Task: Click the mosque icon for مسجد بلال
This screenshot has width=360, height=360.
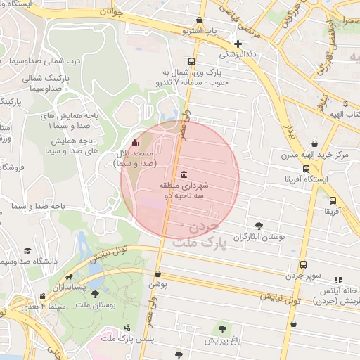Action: pos(134,143)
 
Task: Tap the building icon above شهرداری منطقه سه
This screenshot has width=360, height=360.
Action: pos(184,174)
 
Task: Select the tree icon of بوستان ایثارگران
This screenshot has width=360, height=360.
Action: pos(259,226)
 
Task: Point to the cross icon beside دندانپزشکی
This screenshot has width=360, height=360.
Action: pos(238,44)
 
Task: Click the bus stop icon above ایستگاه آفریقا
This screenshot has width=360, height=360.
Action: pos(306,169)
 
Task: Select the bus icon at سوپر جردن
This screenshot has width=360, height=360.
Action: pos(303,264)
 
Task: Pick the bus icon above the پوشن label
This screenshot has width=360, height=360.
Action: pos(157,274)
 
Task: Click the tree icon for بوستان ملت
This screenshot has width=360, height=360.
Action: pos(95,292)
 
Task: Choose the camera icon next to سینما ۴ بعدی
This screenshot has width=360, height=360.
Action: pos(44,296)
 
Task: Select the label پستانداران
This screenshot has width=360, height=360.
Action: pos(89,287)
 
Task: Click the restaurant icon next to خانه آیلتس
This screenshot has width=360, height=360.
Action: pos(339,279)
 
